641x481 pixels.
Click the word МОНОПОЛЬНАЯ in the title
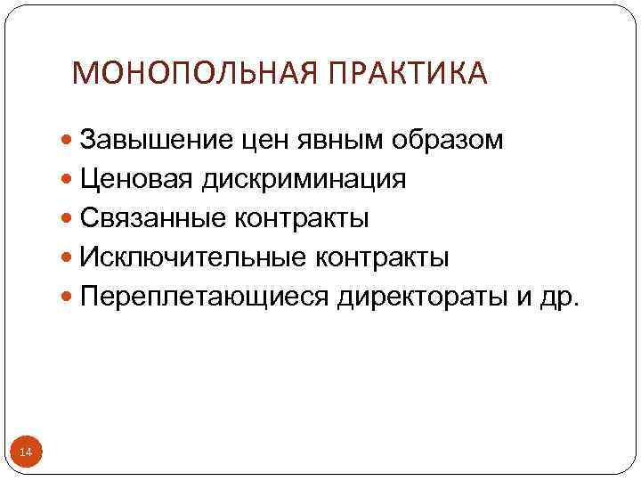click(x=191, y=73)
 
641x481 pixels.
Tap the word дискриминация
click(x=304, y=179)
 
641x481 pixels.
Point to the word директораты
click(x=422, y=297)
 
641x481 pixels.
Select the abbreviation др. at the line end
click(x=560, y=297)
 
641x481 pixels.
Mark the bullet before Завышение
click(x=69, y=141)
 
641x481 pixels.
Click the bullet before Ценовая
click(x=69, y=180)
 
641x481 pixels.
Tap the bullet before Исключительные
click(x=69, y=258)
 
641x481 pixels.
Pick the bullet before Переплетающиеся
click(x=69, y=298)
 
